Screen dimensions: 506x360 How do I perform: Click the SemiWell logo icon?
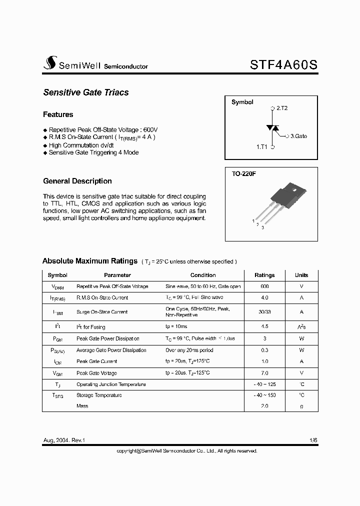49,62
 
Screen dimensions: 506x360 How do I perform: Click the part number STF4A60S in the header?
283,64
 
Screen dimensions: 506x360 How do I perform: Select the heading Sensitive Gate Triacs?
86,92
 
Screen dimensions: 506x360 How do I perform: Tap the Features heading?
58,114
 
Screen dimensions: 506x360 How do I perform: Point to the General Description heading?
77,181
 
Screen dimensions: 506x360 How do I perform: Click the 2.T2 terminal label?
281,108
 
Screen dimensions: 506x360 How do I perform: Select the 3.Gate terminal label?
298,135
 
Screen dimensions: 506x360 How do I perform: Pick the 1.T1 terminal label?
262,147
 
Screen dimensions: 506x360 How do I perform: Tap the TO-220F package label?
244,174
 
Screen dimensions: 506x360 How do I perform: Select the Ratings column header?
264,275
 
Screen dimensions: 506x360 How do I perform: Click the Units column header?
301,275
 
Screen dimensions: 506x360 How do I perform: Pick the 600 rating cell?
264,286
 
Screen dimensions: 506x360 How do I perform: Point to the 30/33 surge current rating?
264,312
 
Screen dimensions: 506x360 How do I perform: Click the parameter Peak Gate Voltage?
96,373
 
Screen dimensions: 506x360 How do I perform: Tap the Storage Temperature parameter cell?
99,395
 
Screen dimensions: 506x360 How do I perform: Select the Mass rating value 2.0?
264,406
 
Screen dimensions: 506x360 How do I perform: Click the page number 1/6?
313,440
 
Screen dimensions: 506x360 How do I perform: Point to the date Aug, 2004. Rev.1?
64,440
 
